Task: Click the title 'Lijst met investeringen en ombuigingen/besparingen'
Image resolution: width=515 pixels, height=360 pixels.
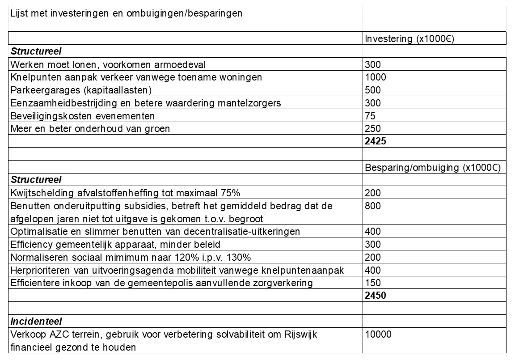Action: tap(126, 13)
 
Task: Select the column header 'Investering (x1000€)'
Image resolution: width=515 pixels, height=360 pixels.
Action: tap(409, 38)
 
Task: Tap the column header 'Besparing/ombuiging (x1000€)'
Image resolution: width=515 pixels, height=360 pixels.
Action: tap(433, 168)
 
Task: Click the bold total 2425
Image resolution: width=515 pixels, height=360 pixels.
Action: tap(376, 142)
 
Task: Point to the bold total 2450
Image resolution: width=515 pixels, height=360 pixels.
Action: tap(376, 296)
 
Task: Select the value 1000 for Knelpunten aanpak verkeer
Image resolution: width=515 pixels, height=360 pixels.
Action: tap(376, 77)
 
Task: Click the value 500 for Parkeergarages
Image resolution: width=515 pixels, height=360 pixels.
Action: tap(373, 90)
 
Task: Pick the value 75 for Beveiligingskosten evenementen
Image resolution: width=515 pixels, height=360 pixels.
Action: tap(370, 116)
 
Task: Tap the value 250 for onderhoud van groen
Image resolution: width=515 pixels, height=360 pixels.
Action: tap(373, 129)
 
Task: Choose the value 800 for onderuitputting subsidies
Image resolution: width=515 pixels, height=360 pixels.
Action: tap(373, 206)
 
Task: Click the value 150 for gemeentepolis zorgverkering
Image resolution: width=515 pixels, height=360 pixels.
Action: tap(373, 283)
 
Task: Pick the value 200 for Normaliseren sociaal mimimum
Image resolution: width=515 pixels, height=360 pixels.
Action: tap(373, 257)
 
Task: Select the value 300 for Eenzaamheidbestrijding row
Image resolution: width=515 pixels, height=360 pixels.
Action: tap(373, 103)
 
